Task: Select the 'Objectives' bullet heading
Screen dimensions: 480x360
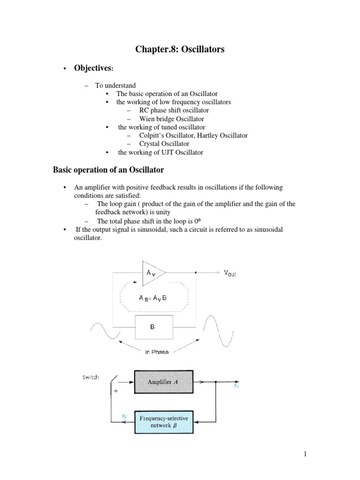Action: (x=93, y=68)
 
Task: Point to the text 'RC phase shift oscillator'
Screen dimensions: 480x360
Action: (x=173, y=110)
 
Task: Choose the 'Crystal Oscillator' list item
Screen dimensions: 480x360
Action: (x=164, y=144)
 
